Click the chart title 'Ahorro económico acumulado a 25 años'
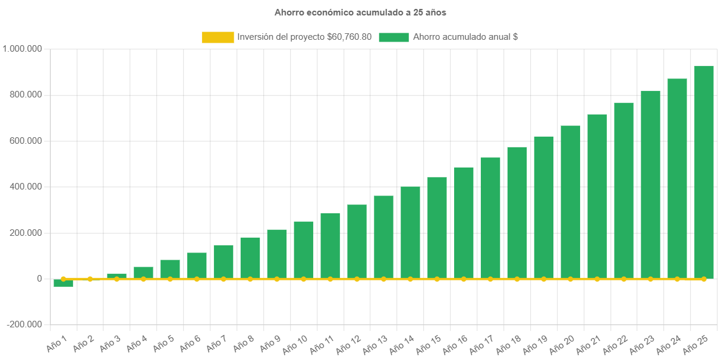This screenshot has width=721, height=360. tap(360, 12)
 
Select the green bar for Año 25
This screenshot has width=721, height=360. tap(704, 172)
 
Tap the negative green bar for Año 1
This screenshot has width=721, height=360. tap(63, 283)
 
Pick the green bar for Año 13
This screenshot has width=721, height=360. tap(383, 237)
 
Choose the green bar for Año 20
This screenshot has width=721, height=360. tap(570, 202)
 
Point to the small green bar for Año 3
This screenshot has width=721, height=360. tap(117, 276)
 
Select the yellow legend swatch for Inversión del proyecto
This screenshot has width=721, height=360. tap(218, 37)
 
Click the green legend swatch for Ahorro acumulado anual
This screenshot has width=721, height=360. tap(393, 37)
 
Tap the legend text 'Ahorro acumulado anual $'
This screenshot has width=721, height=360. tap(465, 37)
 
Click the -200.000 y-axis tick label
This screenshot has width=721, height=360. tap(25, 324)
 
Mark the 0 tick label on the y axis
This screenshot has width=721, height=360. tap(39, 279)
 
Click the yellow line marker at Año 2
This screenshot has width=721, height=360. tap(90, 279)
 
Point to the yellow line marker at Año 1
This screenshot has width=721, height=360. tap(63, 279)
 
